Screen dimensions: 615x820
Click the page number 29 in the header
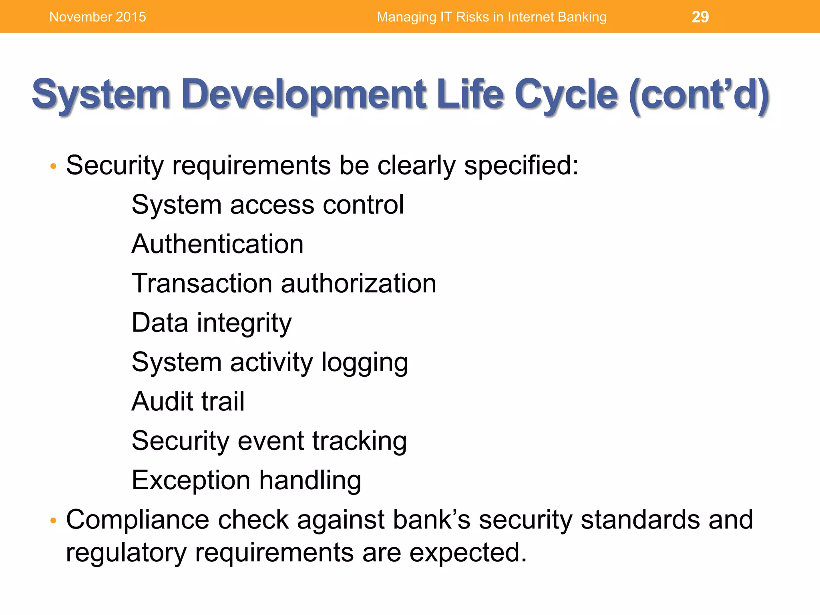click(x=700, y=17)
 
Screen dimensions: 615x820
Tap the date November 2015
click(x=97, y=17)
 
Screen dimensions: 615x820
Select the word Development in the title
click(x=304, y=94)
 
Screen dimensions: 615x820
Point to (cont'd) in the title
click(x=699, y=94)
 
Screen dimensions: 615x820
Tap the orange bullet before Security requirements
click(x=53, y=166)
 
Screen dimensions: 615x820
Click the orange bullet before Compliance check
click(x=53, y=521)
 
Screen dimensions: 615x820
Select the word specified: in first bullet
click(x=521, y=165)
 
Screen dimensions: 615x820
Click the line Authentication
click(x=217, y=244)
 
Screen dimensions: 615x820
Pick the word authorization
click(x=358, y=283)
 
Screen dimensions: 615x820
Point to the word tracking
click(x=359, y=440)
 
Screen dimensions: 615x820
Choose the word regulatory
click(x=126, y=553)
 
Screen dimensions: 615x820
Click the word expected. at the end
click(x=468, y=553)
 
